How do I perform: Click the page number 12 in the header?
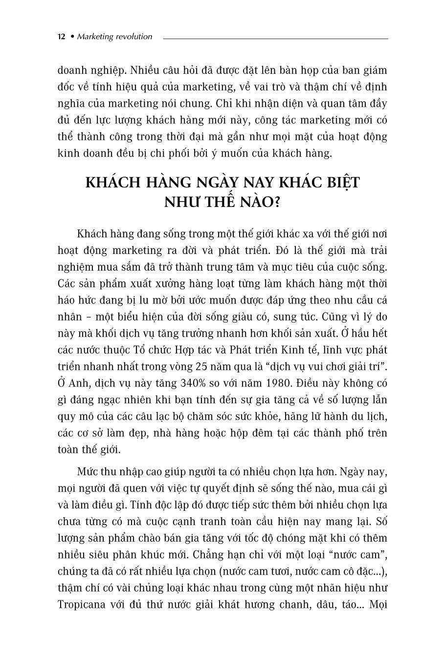click(x=62, y=37)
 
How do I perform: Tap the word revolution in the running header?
click(x=133, y=37)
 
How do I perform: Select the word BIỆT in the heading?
click(x=337, y=183)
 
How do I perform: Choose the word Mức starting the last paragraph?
click(x=89, y=472)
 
